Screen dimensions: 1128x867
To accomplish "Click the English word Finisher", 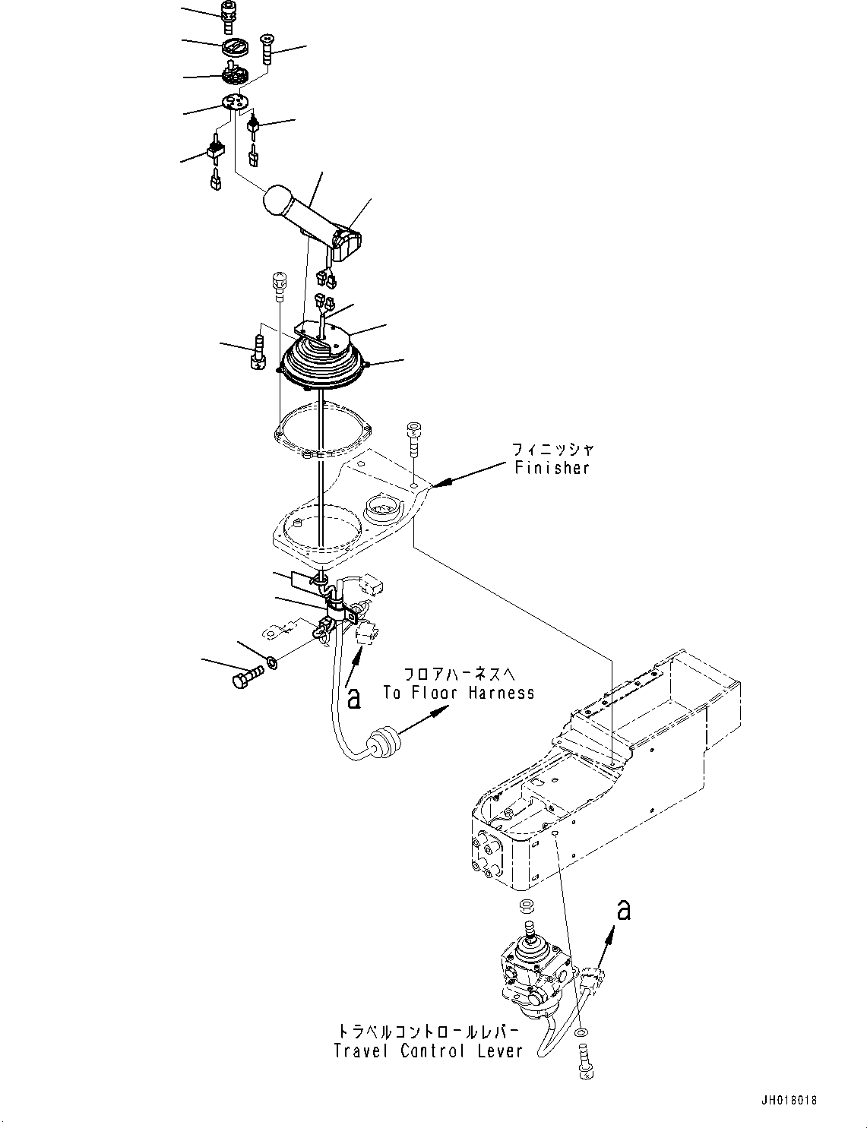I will click(x=552, y=468).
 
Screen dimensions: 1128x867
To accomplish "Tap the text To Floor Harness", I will click(x=458, y=692).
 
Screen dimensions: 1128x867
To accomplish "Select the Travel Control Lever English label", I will click(x=429, y=1051).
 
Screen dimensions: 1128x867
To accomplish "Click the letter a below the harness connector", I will click(x=353, y=697).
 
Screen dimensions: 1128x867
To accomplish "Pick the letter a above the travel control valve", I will click(x=623, y=908).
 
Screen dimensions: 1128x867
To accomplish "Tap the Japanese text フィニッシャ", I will click(x=552, y=450).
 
